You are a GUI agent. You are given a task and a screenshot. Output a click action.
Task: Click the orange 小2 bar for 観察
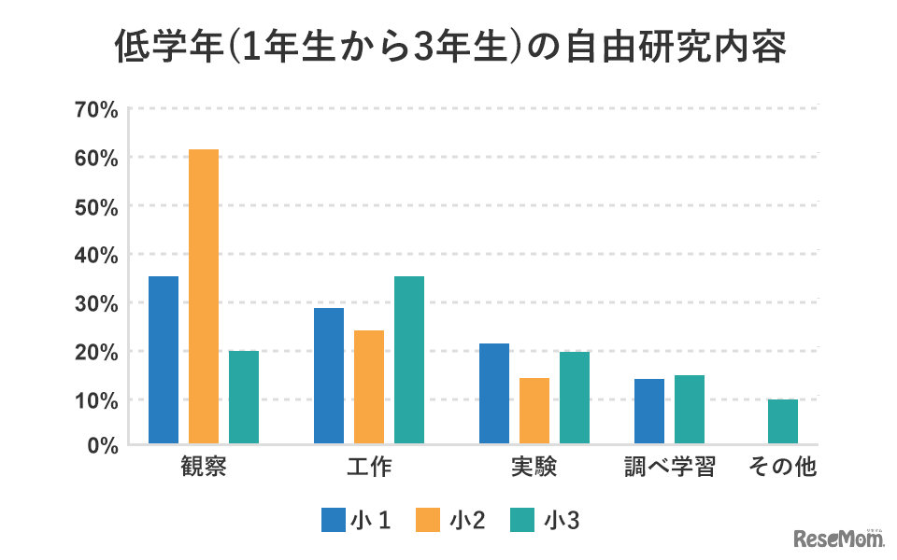[x=204, y=297]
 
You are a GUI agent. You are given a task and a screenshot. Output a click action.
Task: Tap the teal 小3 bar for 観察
[x=244, y=397]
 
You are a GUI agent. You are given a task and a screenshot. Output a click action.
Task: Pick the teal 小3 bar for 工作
[x=409, y=359]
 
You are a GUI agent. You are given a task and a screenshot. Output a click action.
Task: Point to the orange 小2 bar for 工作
[x=369, y=386]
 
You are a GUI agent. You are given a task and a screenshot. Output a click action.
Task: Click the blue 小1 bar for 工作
[x=329, y=375]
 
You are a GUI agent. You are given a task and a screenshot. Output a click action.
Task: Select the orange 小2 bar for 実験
[x=534, y=411]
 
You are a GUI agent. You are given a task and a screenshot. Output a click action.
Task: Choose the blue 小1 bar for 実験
[x=494, y=393]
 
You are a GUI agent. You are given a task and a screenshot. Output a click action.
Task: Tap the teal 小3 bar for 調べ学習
[x=690, y=409]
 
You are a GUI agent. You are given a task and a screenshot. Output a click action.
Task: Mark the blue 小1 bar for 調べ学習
[x=649, y=411]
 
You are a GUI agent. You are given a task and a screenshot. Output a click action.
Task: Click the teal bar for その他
[x=783, y=421]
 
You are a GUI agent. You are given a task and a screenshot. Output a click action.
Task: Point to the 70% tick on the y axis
[x=96, y=109]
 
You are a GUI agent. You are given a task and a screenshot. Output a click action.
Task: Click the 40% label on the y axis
[x=96, y=255]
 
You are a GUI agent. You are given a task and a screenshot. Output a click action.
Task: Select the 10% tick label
[x=96, y=400]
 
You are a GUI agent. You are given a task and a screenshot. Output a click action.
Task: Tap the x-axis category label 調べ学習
[x=670, y=468]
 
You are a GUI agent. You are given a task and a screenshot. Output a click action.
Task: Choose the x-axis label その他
[x=783, y=468]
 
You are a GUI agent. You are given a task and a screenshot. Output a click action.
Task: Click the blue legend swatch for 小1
[x=334, y=520]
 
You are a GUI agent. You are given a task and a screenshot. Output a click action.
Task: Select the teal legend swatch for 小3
[x=527, y=520]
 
